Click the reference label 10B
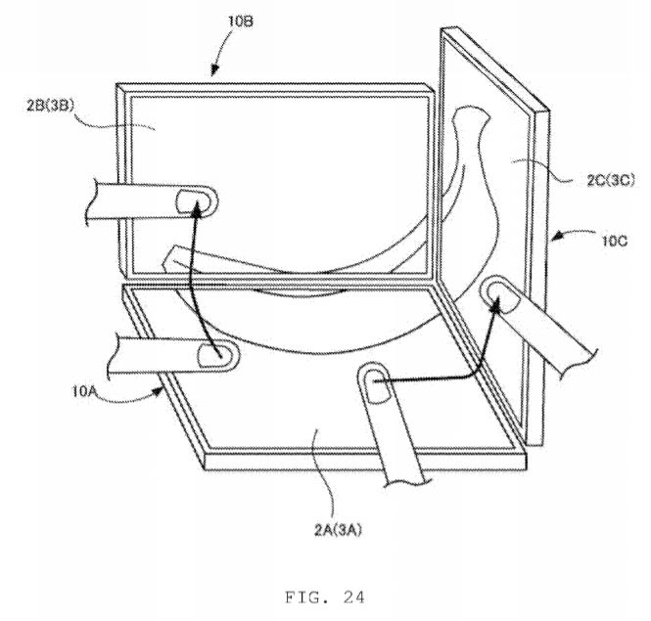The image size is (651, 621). (241, 21)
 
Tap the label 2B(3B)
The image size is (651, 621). (51, 106)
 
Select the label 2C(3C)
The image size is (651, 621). (611, 180)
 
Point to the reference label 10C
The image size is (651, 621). (615, 241)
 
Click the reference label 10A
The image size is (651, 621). (85, 391)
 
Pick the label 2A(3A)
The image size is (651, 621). (338, 530)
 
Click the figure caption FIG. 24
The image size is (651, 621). (325, 598)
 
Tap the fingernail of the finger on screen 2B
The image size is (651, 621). (193, 202)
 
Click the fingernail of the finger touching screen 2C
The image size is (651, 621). (503, 296)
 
